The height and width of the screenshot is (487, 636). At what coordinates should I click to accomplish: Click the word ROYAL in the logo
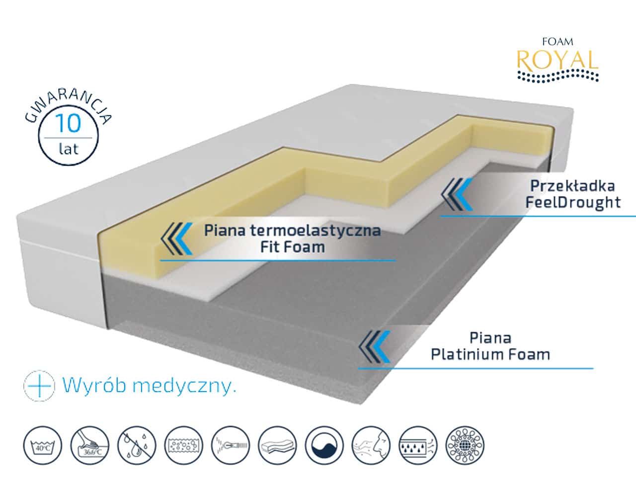tap(557, 60)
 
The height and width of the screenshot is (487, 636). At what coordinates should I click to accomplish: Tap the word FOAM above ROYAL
tap(557, 42)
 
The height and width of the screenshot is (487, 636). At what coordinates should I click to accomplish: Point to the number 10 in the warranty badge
tap(68, 123)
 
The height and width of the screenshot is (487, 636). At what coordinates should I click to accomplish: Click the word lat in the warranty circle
tap(69, 149)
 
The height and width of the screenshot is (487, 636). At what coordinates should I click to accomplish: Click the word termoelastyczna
tap(315, 231)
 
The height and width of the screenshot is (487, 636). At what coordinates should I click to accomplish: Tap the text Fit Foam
tap(292, 247)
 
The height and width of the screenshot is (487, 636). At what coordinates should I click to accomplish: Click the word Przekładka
tap(572, 186)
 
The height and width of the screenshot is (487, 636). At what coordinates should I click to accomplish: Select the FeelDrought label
tap(573, 203)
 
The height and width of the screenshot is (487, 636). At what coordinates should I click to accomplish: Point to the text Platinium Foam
tap(490, 354)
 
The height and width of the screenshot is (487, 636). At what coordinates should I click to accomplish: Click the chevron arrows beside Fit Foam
tap(176, 239)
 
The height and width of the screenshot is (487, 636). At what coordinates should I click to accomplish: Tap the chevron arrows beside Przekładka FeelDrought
tap(457, 194)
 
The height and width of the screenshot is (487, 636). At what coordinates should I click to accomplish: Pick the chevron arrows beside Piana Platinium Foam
tap(374, 347)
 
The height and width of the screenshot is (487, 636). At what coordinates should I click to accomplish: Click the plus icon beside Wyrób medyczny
tap(39, 386)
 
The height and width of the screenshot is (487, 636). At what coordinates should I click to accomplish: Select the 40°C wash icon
tap(43, 445)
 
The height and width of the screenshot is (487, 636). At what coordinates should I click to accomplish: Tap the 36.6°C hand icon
tap(89, 445)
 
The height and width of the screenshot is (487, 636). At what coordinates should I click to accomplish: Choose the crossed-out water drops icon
tap(137, 445)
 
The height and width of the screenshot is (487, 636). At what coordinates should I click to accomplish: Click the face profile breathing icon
tap(371, 445)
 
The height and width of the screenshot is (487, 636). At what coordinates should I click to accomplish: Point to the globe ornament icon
tap(465, 445)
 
